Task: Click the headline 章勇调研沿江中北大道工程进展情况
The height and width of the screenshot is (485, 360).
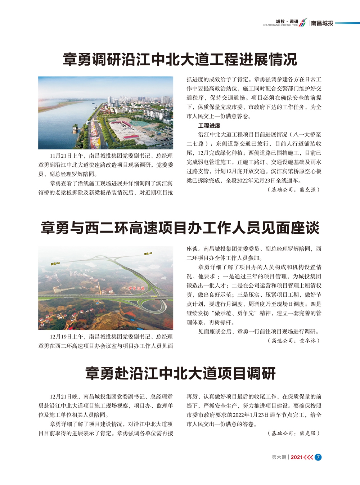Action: (180, 59)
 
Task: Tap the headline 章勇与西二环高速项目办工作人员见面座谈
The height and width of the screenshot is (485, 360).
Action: (180, 228)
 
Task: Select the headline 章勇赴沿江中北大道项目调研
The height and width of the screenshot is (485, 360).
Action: (180, 373)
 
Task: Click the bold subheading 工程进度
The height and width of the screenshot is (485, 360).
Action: (209, 126)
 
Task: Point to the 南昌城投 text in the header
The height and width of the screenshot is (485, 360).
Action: (322, 23)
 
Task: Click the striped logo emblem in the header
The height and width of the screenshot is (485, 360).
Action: (303, 23)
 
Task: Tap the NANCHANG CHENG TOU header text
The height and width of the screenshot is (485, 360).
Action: (280, 26)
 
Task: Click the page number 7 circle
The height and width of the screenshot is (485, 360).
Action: (318, 457)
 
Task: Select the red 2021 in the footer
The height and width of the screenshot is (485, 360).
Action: (296, 457)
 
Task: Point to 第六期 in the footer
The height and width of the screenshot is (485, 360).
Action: (279, 457)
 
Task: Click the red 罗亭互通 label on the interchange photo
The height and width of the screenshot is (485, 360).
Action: (136, 288)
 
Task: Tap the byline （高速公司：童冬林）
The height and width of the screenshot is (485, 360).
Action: (293, 341)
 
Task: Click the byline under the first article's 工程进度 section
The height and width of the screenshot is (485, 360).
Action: (293, 190)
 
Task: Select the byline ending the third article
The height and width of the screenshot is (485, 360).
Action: (293, 433)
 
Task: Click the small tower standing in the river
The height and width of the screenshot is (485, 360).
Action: (75, 129)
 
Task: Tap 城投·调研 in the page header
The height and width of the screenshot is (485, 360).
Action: (287, 21)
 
